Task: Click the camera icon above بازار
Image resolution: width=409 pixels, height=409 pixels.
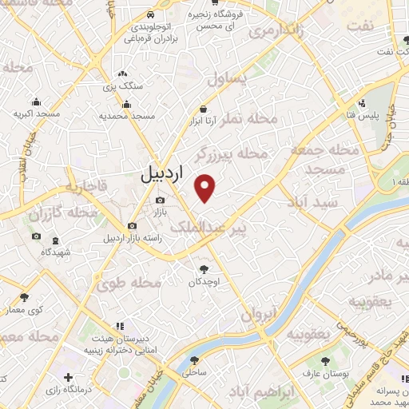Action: coord(160,200)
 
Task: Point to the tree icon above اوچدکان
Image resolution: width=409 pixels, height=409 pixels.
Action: coord(204,269)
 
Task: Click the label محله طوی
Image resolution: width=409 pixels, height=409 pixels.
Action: coord(129,283)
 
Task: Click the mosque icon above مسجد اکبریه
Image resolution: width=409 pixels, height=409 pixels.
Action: coord(37,102)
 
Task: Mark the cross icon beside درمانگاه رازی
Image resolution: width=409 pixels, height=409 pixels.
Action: coord(68,377)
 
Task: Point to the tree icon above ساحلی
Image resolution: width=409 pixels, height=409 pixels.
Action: coord(194,360)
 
